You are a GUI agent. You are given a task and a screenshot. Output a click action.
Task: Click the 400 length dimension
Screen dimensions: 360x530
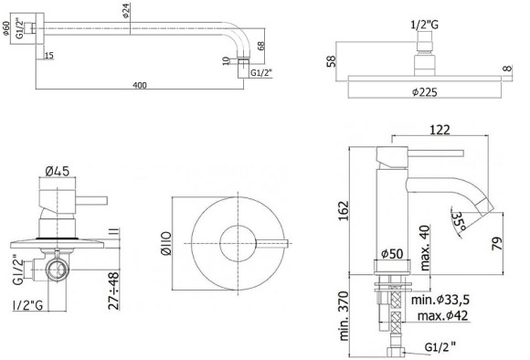pos(139,85)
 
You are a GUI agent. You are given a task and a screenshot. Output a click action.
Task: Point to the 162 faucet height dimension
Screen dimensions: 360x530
pos(343,209)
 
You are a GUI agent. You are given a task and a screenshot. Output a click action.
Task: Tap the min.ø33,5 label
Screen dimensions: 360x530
pos(440,301)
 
